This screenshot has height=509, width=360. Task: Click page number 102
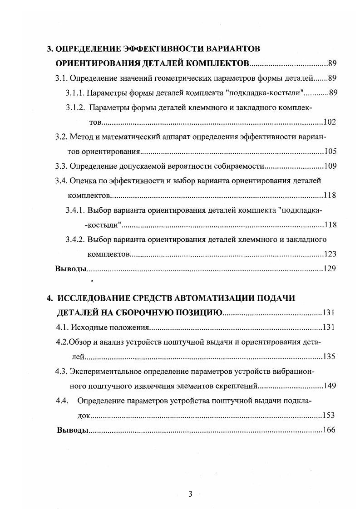pyautogui.click(x=330, y=122)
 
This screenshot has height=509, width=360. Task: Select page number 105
pyautogui.click(x=330, y=152)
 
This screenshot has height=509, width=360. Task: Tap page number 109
pyautogui.click(x=330, y=166)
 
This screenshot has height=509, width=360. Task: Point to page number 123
pyautogui.click(x=330, y=254)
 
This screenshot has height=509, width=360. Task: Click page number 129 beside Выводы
pyautogui.click(x=330, y=269)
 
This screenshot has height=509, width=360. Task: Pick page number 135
pyautogui.click(x=329, y=357)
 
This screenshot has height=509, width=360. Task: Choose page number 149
pyautogui.click(x=329, y=386)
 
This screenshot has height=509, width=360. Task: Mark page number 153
pyautogui.click(x=329, y=415)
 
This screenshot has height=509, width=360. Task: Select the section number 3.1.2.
pyautogui.click(x=75, y=108)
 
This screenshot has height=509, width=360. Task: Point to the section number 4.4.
pyautogui.click(x=62, y=401)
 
